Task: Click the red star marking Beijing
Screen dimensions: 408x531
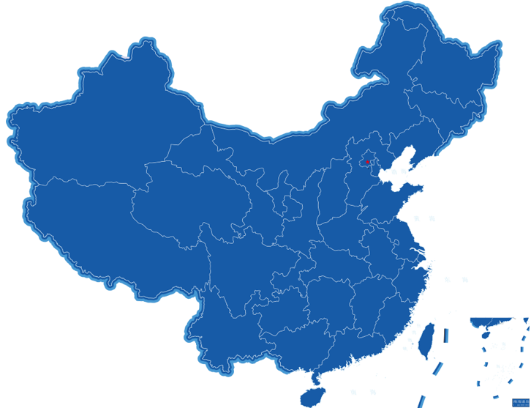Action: [x=368, y=162]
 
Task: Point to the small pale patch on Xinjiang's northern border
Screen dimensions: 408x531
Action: [x=125, y=54]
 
